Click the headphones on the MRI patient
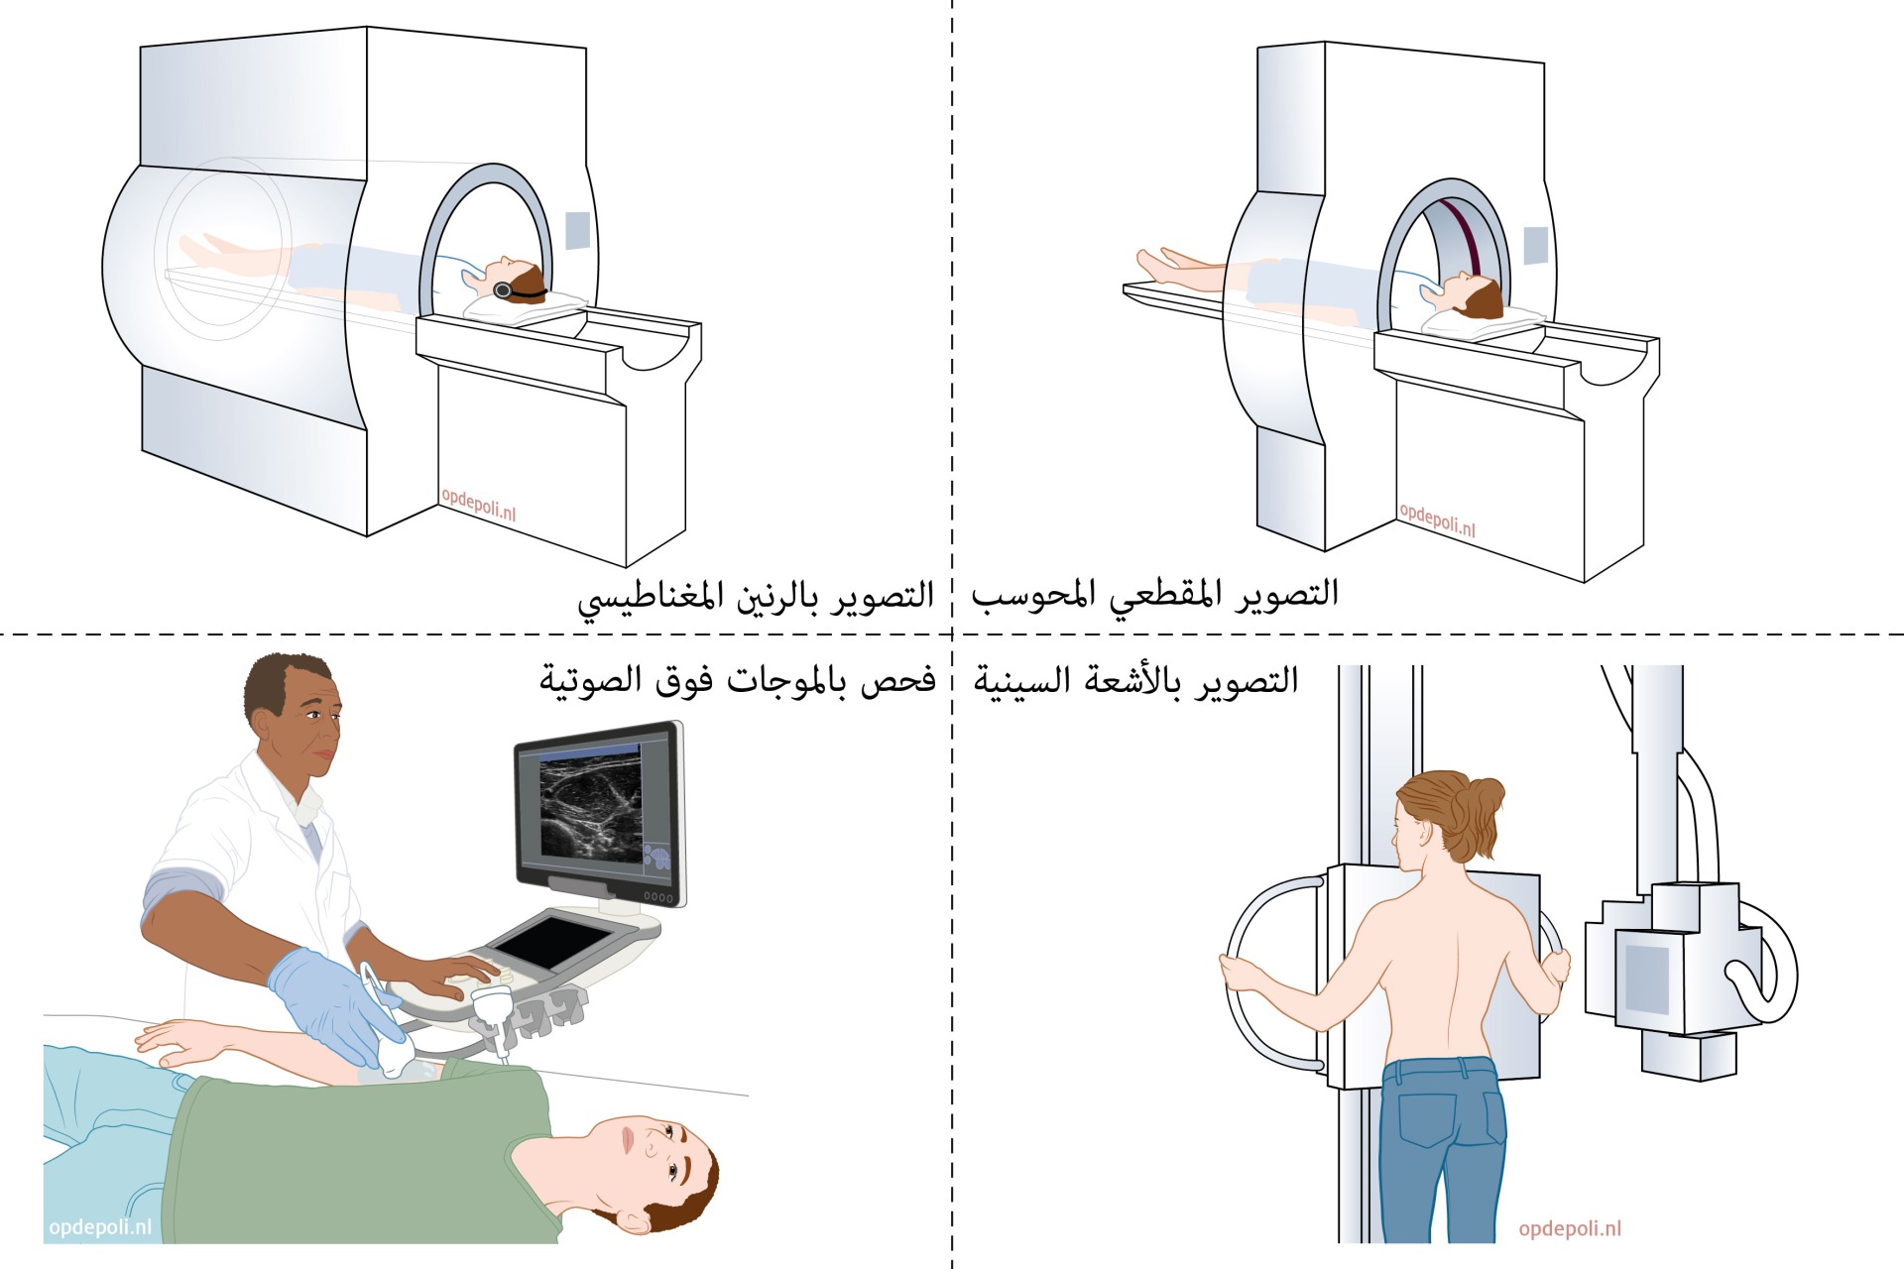coord(505,289)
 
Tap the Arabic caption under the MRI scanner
coord(756,597)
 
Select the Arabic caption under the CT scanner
coord(1155,594)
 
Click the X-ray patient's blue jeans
coord(1443,1150)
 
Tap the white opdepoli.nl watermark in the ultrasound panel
coord(100,1227)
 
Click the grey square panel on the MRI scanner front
coord(578,231)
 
